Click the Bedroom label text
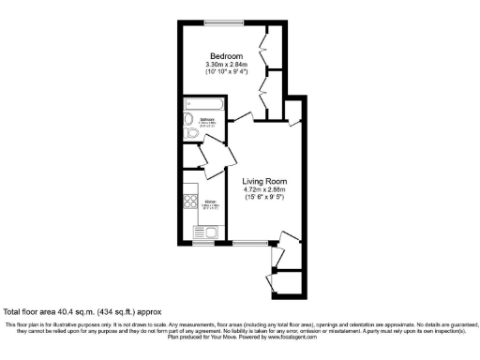(225, 54)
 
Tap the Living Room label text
(263, 181)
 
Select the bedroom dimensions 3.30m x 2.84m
(225, 64)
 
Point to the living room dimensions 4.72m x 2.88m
(263, 190)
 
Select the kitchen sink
(206, 232)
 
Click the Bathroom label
(209, 120)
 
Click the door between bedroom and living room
(243, 116)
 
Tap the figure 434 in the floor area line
(102, 310)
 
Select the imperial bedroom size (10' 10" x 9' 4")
(225, 72)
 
